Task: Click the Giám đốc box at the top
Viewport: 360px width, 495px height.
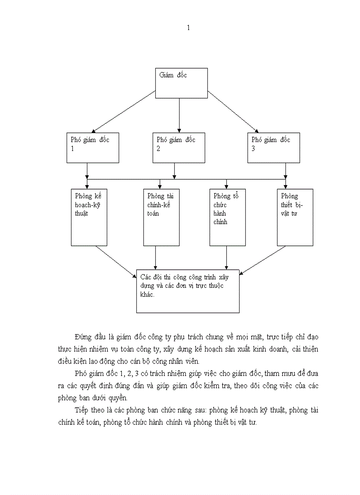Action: point(181,83)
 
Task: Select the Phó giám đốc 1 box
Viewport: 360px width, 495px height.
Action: point(93,148)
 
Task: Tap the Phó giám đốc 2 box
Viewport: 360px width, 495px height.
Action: point(179,148)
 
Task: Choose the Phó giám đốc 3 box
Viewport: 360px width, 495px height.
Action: point(274,148)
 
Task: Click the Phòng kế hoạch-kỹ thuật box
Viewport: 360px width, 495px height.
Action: point(89,217)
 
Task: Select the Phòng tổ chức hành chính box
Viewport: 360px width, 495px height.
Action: point(227,217)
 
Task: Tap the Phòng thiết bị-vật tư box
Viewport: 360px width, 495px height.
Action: point(295,217)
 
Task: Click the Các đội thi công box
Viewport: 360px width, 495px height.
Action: point(188,291)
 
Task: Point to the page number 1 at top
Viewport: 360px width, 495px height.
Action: point(188,28)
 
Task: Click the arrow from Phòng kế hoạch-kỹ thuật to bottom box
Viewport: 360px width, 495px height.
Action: point(116,261)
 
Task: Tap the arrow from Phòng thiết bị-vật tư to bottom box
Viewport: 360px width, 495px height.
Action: point(263,260)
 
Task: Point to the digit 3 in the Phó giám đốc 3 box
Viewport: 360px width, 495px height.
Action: point(253,149)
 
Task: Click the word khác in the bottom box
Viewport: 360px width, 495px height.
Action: point(147,294)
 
